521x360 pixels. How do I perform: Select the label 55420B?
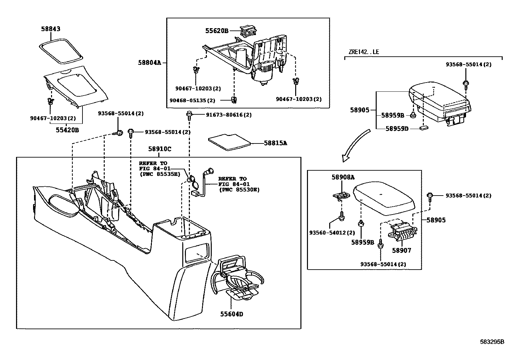tap(67, 130)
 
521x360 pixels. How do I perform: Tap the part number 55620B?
tap(217, 31)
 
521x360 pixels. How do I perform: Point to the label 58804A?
tap(150, 62)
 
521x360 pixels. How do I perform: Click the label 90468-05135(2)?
tap(192, 100)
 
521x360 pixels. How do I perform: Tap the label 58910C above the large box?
tap(159, 149)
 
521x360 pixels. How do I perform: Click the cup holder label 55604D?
tap(231, 314)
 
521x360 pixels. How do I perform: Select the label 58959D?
tap(397, 129)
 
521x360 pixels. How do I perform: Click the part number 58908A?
tap(343, 177)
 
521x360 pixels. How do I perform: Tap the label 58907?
tap(402, 251)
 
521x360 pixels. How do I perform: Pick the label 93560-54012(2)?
tap(332, 233)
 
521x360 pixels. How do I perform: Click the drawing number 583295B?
tap(492, 342)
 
